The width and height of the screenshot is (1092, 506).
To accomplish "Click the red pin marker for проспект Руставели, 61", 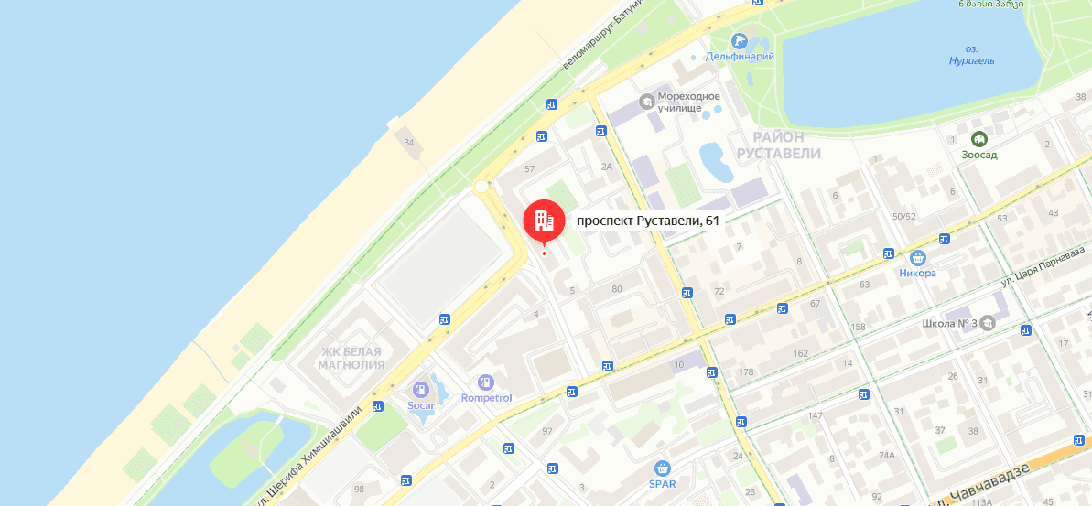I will coord(543,221).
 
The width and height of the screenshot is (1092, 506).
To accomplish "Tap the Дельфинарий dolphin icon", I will coord(740,41).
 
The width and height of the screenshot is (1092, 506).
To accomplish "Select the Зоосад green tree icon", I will coord(978,139).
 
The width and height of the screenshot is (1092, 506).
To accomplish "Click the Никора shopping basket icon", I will coord(917,258).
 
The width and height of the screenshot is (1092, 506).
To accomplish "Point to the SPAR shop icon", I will coord(662,468).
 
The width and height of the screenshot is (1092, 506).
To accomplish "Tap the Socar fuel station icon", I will coord(420,389).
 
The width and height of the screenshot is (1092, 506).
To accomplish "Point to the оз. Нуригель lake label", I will coord(971,54).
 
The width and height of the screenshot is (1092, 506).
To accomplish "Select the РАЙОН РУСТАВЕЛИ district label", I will coord(779,145).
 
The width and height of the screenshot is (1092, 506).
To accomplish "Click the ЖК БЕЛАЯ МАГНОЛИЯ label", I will coord(351,358).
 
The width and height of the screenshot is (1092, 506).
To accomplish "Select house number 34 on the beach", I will coord(409,142).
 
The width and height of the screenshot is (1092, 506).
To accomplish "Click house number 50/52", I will coord(903,217).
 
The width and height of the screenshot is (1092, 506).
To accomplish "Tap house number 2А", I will coord(606,167).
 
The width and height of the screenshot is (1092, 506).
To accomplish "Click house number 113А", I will coord(982,501).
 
